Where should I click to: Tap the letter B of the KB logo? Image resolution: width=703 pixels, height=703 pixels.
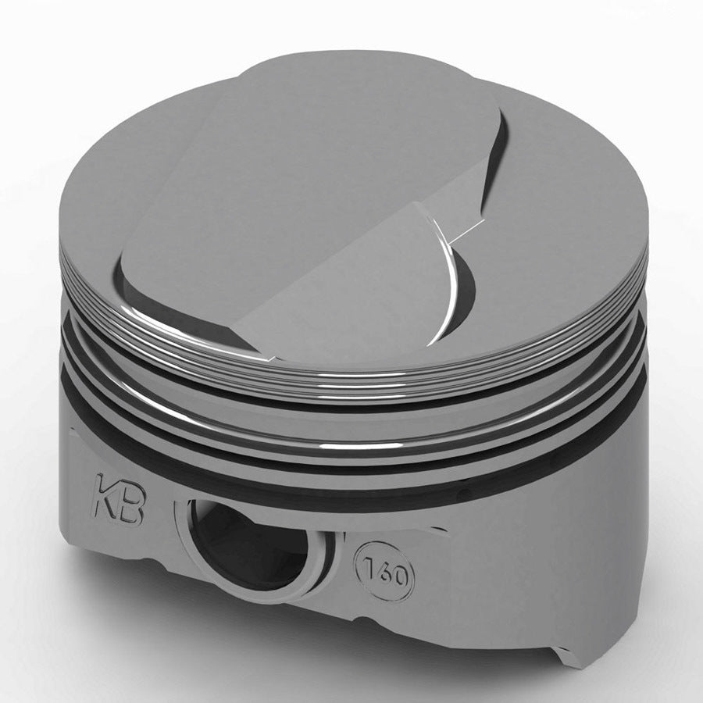[129, 507]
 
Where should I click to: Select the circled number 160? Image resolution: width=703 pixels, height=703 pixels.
[384, 573]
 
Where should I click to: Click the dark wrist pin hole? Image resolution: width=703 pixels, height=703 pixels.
[250, 539]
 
